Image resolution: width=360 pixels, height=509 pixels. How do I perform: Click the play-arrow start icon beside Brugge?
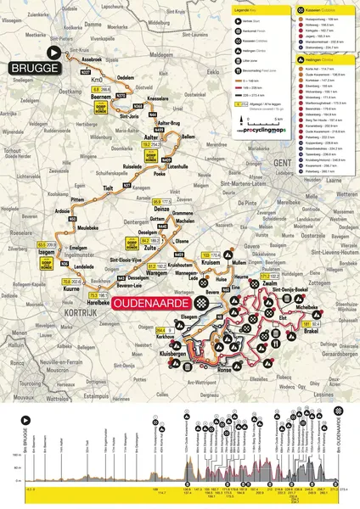pyautogui.click(x=55, y=53)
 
